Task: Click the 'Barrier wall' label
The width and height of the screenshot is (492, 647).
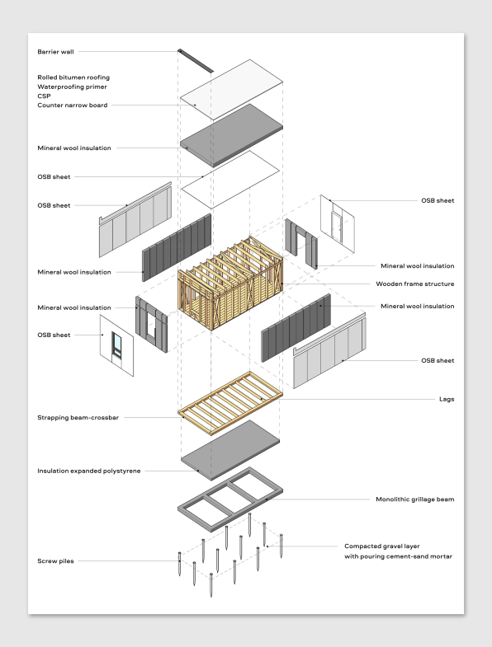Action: (x=55, y=51)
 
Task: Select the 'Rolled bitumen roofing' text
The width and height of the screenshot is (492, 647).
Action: (x=73, y=77)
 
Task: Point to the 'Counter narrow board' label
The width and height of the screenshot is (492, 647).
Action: (x=72, y=105)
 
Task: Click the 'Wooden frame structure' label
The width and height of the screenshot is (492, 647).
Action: (x=415, y=284)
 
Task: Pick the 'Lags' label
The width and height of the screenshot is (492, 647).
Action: (x=446, y=399)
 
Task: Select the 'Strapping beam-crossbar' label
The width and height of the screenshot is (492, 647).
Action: (x=78, y=418)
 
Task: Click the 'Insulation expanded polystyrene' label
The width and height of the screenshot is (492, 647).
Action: (x=88, y=471)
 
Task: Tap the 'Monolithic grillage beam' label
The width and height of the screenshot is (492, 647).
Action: (x=414, y=499)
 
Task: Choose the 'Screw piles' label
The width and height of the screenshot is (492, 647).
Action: (x=56, y=561)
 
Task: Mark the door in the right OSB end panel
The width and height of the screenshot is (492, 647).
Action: (x=335, y=226)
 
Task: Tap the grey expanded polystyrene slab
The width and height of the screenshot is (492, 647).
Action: (x=230, y=451)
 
